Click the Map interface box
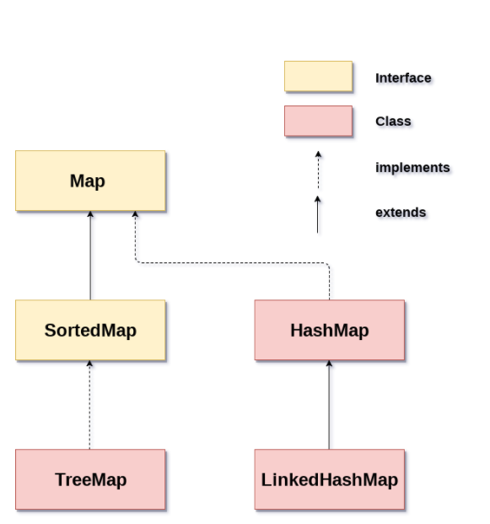90,181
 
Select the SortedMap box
90,330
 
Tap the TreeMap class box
90,479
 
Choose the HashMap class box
330,330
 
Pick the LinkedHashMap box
330,479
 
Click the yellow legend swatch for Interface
318,76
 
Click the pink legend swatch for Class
318,121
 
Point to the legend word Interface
403,78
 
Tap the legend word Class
393,122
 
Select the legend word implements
412,168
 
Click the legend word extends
401,213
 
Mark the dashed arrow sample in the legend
318,170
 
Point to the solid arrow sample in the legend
318,214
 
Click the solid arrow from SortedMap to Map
90,256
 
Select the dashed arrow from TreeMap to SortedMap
89,405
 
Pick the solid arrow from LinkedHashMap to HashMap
329,405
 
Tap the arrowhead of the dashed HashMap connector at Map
135,213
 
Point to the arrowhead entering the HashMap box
329,364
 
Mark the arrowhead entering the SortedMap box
89,364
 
